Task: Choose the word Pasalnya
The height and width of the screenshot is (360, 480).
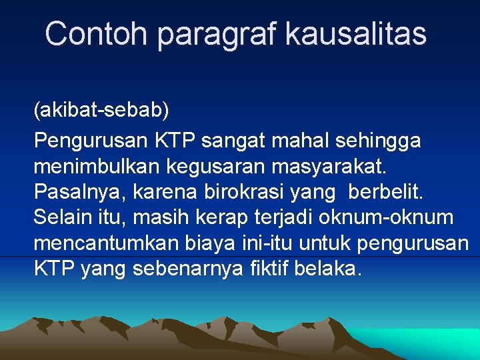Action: (79, 193)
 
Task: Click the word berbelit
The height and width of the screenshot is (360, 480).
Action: (384, 191)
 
